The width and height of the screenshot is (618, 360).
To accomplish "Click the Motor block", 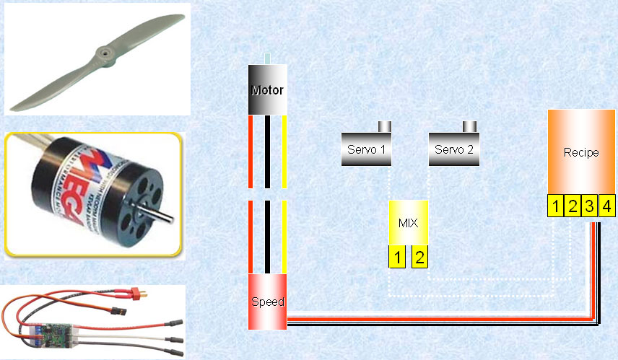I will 267,90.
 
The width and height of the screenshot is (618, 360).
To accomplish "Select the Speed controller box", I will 267,302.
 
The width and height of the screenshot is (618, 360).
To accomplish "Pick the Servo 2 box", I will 455,149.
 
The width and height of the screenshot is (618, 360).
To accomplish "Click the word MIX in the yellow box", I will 408,222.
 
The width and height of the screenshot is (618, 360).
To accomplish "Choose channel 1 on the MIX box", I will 397,257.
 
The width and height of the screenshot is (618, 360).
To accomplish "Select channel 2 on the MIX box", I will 419,257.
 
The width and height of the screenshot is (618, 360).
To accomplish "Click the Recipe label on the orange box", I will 581,153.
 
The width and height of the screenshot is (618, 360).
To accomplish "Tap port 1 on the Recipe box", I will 555,207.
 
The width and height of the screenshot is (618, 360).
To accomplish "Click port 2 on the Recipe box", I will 572,207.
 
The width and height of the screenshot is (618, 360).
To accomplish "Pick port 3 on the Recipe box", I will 589,207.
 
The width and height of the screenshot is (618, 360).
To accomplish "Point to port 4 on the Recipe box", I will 606,207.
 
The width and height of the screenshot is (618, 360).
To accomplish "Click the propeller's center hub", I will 103,52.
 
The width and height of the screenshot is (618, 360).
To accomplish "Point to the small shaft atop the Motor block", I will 268,59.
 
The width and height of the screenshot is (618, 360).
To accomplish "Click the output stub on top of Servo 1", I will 385,127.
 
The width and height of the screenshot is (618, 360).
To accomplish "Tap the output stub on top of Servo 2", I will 470,127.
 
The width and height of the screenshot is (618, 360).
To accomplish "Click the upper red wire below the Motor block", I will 250,152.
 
